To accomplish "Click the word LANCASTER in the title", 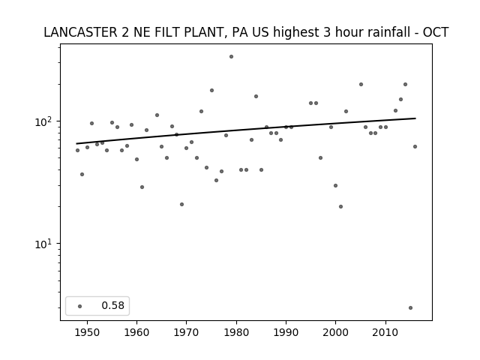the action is point(80,32).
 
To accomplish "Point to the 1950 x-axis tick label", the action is point(87,332).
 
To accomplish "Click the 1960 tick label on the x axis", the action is point(136,332).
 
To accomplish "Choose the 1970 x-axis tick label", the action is point(187,332).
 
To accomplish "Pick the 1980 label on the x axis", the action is point(236,332).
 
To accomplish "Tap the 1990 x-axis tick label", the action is point(286,332).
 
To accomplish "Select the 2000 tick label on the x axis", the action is point(335,332).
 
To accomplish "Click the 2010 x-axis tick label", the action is point(385,332).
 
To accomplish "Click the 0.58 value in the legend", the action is point(113,305).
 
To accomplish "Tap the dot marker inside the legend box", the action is point(80,306).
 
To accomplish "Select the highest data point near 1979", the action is point(232,57).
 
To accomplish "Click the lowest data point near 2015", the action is point(410,308).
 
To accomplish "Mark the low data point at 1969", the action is point(181,204).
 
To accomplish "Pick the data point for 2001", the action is point(340,207).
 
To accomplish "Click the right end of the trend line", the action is point(415,118).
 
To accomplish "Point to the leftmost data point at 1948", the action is point(77,150).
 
